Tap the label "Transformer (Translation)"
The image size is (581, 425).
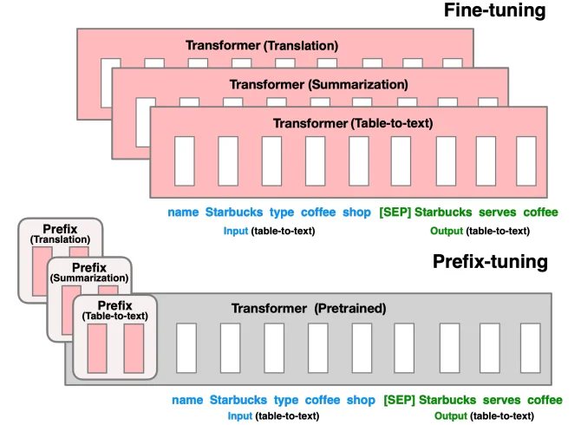tap(262, 45)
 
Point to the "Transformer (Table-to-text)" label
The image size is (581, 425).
tap(353, 123)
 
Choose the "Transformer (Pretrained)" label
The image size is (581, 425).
tap(308, 308)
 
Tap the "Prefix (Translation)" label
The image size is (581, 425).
tap(60, 233)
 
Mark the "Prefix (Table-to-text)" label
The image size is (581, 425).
tap(114, 311)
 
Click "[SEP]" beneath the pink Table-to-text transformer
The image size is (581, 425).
tap(395, 212)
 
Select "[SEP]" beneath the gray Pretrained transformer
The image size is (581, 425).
tap(398, 400)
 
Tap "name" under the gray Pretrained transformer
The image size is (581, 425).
tap(186, 400)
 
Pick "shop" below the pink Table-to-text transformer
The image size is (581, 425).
tap(357, 212)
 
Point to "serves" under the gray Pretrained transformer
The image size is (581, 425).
tap(502, 400)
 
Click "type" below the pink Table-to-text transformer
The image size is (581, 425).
tap(282, 212)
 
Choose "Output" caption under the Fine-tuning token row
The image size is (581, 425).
tap(446, 231)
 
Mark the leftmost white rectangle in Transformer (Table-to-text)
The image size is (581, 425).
tap(184, 161)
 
